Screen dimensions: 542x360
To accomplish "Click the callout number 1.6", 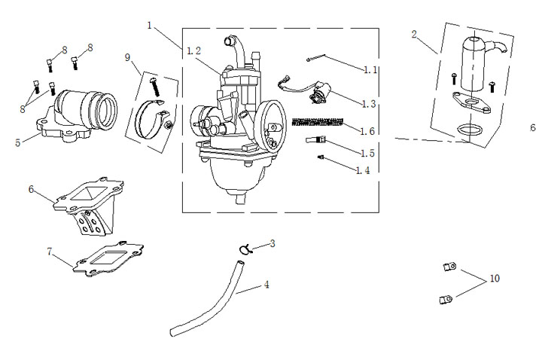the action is [367, 131].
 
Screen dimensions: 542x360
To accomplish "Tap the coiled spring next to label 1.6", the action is [318, 122].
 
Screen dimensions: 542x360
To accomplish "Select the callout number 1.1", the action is [370, 70].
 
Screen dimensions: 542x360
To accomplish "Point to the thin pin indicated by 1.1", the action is [316, 58].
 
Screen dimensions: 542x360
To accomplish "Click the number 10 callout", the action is [495, 279].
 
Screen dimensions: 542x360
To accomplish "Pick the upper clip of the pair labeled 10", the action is [449, 267].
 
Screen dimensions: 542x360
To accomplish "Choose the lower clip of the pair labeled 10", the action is [446, 299].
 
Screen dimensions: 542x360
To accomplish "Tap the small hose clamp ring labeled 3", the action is [245, 249].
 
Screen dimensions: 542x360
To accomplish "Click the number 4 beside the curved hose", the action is [266, 285].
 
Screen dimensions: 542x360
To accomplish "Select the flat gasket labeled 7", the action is [108, 258].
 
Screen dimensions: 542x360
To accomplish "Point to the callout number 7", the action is [50, 252].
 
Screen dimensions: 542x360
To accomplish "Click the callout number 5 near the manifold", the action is [17, 142].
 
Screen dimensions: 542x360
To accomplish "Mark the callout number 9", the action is [127, 57].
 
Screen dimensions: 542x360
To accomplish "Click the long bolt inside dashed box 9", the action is [154, 87].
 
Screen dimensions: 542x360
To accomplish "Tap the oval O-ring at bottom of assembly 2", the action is [470, 130].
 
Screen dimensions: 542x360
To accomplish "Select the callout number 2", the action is [414, 34].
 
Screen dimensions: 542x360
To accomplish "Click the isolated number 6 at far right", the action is [533, 127].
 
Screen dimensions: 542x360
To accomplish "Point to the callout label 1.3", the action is [368, 104].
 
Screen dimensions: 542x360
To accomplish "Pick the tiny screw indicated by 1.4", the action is [321, 157].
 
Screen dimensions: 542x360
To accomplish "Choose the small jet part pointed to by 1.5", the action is [315, 140].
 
